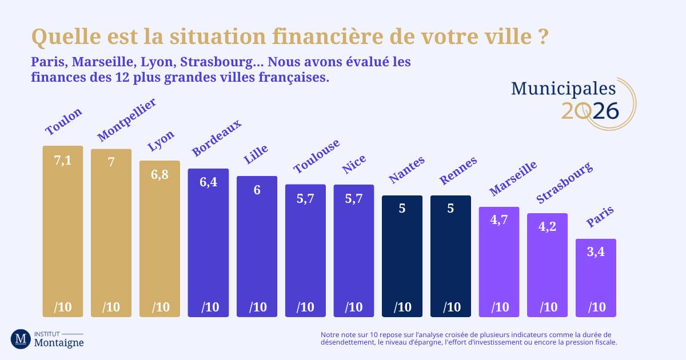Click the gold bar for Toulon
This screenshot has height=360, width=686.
coord(63,234)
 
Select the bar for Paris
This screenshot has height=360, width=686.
coord(596,280)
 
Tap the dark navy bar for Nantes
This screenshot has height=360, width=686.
coord(402,257)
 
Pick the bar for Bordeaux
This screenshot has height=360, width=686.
coord(208,246)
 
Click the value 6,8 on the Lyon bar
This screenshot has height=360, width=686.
coord(160,175)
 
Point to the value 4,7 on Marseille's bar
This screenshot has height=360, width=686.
coord(499,220)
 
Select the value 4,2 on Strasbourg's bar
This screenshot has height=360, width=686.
coord(547,226)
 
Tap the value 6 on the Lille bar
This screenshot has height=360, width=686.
coord(257,190)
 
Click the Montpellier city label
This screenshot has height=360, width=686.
coord(126,120)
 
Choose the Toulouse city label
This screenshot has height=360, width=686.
coord(317,156)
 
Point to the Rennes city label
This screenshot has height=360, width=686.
coord(458,170)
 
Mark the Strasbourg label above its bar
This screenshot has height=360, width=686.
coord(564,183)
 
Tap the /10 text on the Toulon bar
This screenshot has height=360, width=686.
coord(63,307)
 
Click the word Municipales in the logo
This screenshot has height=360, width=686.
coord(563,88)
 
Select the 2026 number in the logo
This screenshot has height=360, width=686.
coord(590,111)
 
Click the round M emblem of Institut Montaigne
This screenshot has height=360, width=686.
coord(21,339)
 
